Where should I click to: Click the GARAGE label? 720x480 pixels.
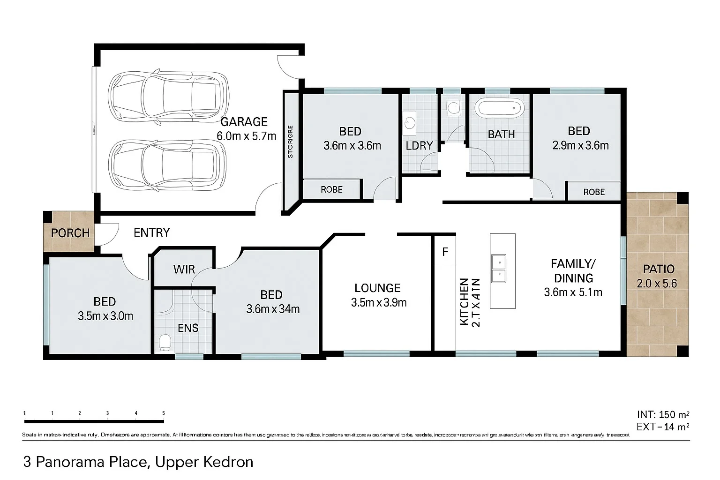[x=244, y=122]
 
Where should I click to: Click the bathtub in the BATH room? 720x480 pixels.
[x=499, y=108]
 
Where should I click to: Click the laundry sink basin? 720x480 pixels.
[x=410, y=121]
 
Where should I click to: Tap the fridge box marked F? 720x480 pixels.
[x=445, y=252]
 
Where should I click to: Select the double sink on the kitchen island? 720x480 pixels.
[x=499, y=269]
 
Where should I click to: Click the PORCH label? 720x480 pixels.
[x=70, y=233]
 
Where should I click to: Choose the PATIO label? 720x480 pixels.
[x=659, y=269]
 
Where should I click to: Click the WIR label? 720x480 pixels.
[x=184, y=270]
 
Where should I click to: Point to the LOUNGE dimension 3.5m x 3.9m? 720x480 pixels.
[x=378, y=303]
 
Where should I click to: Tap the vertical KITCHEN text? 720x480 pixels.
[x=464, y=301]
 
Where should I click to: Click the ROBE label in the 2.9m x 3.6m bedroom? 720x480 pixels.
[x=594, y=192]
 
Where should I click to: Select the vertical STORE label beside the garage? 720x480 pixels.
[x=290, y=141]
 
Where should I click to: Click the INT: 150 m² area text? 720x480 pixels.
[x=662, y=414]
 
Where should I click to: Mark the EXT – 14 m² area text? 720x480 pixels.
[x=662, y=427]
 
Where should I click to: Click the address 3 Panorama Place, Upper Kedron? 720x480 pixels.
[x=138, y=462]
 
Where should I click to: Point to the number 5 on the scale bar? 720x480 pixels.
[x=163, y=413]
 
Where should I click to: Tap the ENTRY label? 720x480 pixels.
[x=151, y=232]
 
